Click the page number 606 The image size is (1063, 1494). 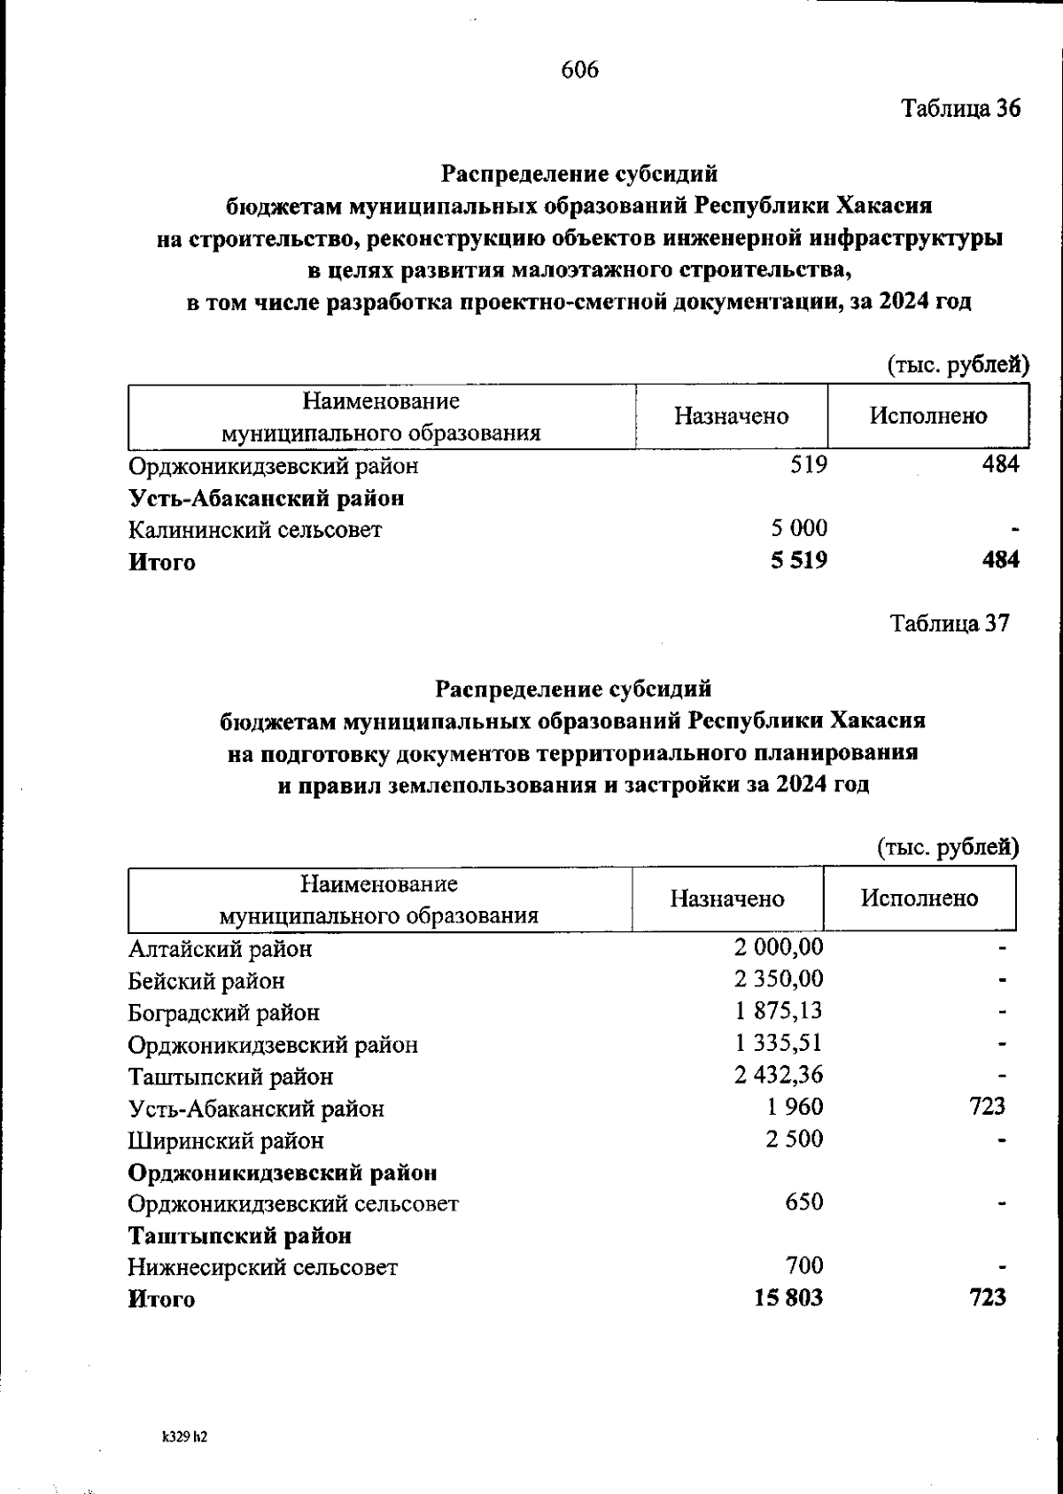580,69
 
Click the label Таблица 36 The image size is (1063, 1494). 960,108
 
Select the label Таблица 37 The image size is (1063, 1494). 950,624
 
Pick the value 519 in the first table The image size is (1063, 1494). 808,464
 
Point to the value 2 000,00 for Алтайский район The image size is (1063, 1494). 779,947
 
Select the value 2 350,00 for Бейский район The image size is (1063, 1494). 779,979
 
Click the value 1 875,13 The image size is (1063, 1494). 779,1011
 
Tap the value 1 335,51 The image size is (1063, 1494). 779,1043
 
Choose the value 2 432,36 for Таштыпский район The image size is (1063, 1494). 779,1075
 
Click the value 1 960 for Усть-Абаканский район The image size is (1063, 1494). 795,1107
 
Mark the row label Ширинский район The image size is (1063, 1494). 226,1140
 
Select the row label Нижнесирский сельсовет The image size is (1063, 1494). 263,1267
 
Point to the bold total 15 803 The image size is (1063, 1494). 788,1298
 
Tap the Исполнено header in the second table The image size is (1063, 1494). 919,899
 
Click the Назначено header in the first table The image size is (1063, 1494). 731,416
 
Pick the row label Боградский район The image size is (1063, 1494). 223,1013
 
